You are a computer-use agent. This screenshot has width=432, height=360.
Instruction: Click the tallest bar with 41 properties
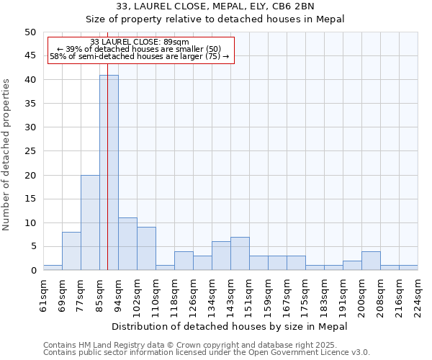tap(109, 173)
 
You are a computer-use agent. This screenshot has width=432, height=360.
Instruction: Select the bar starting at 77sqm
tap(90, 222)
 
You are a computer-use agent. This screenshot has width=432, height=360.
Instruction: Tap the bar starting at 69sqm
tap(71, 251)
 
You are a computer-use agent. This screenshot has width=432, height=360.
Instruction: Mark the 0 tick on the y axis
tap(33, 271)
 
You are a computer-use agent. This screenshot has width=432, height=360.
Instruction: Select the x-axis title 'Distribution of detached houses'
tap(230, 326)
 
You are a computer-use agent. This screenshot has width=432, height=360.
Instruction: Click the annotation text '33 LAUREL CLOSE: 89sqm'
tap(140, 42)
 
